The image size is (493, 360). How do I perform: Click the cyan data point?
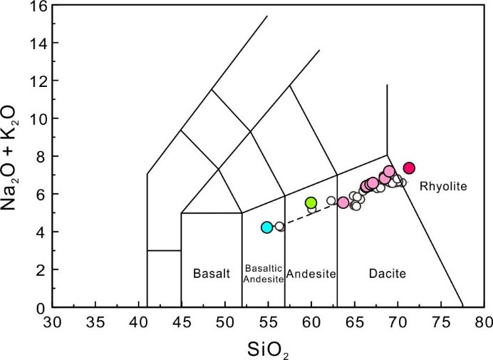pos(266,227)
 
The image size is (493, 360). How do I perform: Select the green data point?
pos(311,202)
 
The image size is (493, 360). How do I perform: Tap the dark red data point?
pos(409,168)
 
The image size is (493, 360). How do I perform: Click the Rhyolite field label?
pos(442,187)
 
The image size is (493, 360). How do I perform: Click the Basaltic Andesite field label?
pos(264,273)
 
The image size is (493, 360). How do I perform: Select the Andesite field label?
pos(311,273)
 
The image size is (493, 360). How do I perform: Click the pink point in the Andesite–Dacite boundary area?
pos(343,202)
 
